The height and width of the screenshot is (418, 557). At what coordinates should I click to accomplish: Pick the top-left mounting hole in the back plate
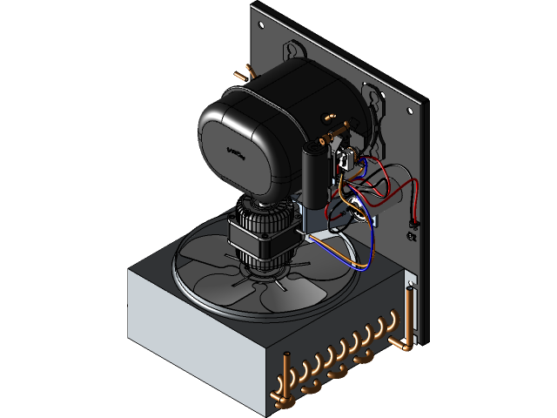pyautogui.click(x=260, y=19)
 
